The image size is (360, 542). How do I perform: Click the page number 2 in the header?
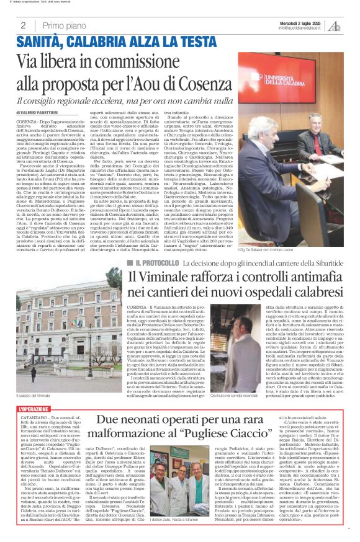point(23,25)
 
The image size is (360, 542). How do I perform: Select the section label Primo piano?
point(62,25)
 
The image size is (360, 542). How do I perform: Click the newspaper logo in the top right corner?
point(335,25)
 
